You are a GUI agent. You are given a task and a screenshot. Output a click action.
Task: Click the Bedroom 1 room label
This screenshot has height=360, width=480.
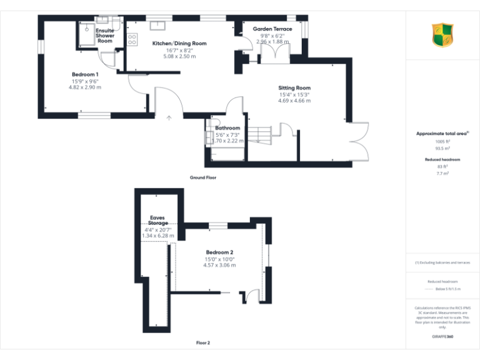tap(85, 74)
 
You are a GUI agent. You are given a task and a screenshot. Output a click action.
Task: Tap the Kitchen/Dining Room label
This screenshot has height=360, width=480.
tap(179, 43)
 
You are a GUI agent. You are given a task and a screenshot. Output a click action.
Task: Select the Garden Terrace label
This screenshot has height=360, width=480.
tap(272, 29)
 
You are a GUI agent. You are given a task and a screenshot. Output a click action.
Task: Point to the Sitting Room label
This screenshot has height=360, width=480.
tap(294, 87)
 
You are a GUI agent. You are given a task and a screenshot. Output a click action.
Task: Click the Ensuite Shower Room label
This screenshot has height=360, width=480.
tap(105, 36)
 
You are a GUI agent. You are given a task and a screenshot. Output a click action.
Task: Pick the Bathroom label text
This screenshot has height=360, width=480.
tap(227, 128)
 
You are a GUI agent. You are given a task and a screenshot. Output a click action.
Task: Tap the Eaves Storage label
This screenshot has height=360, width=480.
tap(157, 220)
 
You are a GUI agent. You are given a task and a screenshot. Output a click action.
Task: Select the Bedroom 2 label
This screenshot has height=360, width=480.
tap(219, 252)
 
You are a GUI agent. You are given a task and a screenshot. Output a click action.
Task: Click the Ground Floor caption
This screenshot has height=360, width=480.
tap(203, 178)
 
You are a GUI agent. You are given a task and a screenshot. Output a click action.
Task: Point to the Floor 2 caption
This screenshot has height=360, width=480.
tap(203, 343)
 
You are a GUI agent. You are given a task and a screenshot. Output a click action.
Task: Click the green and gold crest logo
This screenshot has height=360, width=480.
tap(442, 35)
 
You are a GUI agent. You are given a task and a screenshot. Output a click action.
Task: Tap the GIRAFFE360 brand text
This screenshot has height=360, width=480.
tap(442, 337)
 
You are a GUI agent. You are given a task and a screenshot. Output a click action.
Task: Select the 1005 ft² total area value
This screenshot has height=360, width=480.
tap(442, 142)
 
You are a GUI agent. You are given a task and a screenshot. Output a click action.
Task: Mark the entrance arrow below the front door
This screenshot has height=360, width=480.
tap(169, 117)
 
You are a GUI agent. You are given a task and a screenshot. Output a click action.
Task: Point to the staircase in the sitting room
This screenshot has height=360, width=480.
tap(261, 133)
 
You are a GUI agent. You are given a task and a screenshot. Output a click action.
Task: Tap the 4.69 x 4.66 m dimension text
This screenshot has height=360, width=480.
tap(294, 101)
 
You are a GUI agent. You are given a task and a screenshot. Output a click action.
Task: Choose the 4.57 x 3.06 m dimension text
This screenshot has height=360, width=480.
tap(219, 265)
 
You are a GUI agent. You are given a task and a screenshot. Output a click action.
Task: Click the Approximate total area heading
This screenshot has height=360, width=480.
tap(442, 134)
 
